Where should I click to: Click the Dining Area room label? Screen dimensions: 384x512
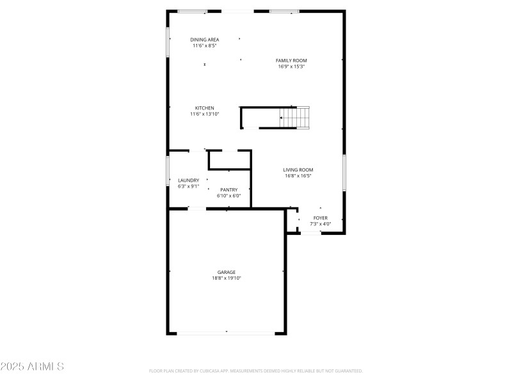coord(204,40)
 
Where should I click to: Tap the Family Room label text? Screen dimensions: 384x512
coord(291,61)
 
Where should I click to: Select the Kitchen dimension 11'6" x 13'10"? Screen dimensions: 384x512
coord(204,114)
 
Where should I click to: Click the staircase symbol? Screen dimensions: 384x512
coord(294,117)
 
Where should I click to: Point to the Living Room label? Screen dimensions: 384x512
coord(298,170)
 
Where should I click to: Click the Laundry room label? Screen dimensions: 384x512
coord(188,180)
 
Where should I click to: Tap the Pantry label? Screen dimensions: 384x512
coord(228,189)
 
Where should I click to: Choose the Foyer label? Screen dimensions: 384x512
coord(320,218)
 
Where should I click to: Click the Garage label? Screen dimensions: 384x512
coord(226,272)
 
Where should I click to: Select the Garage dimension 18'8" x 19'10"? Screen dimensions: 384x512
coord(226,278)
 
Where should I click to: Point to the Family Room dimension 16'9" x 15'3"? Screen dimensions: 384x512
coord(291,67)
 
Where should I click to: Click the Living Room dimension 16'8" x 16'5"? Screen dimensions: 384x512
coord(298,176)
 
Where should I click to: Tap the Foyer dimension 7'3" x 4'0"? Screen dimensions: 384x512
coord(320,224)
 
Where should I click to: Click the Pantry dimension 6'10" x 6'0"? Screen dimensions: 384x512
coord(228,196)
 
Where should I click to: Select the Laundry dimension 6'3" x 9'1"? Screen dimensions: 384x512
coord(188,187)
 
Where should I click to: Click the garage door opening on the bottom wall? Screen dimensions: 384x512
coord(226,333)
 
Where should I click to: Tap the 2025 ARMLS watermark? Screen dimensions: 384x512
coord(32,367)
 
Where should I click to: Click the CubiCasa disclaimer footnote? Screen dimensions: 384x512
coord(256,371)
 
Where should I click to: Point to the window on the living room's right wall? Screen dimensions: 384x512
coord(344,172)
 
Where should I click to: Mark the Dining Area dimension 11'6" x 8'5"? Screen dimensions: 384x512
coord(204,45)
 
